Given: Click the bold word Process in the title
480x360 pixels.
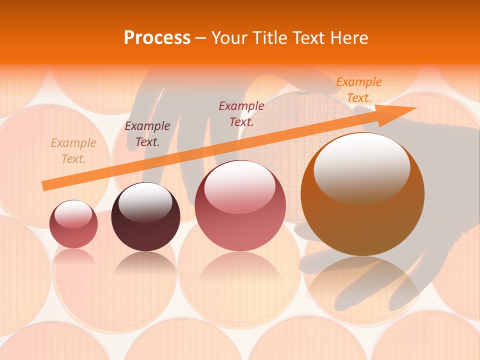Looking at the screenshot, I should coord(157,37).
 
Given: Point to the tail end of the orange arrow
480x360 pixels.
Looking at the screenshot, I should coord(45,185).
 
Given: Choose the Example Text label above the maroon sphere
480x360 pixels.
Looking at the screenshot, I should coord(147,134).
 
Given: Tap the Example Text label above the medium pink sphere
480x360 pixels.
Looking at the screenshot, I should coord(241,113).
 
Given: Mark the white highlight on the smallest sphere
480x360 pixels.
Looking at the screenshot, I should coord(73,213).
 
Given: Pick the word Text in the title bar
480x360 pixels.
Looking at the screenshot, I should coord(309,37).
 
